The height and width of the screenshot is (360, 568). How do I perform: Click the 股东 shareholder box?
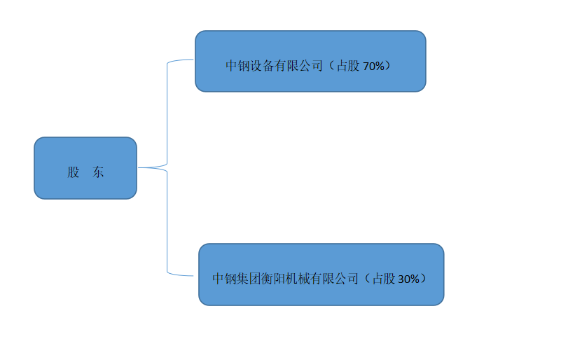[85, 168]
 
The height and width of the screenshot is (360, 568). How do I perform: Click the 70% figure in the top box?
[373, 67]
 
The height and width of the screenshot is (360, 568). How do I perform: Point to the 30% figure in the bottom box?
[408, 279]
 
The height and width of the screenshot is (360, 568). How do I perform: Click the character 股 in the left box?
[74, 172]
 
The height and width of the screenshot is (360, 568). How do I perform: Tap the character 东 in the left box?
[98, 172]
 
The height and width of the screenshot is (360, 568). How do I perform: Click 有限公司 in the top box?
[298, 67]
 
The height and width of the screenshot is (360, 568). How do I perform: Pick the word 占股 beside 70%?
[348, 67]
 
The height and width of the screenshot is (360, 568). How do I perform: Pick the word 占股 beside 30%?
[383, 279]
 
